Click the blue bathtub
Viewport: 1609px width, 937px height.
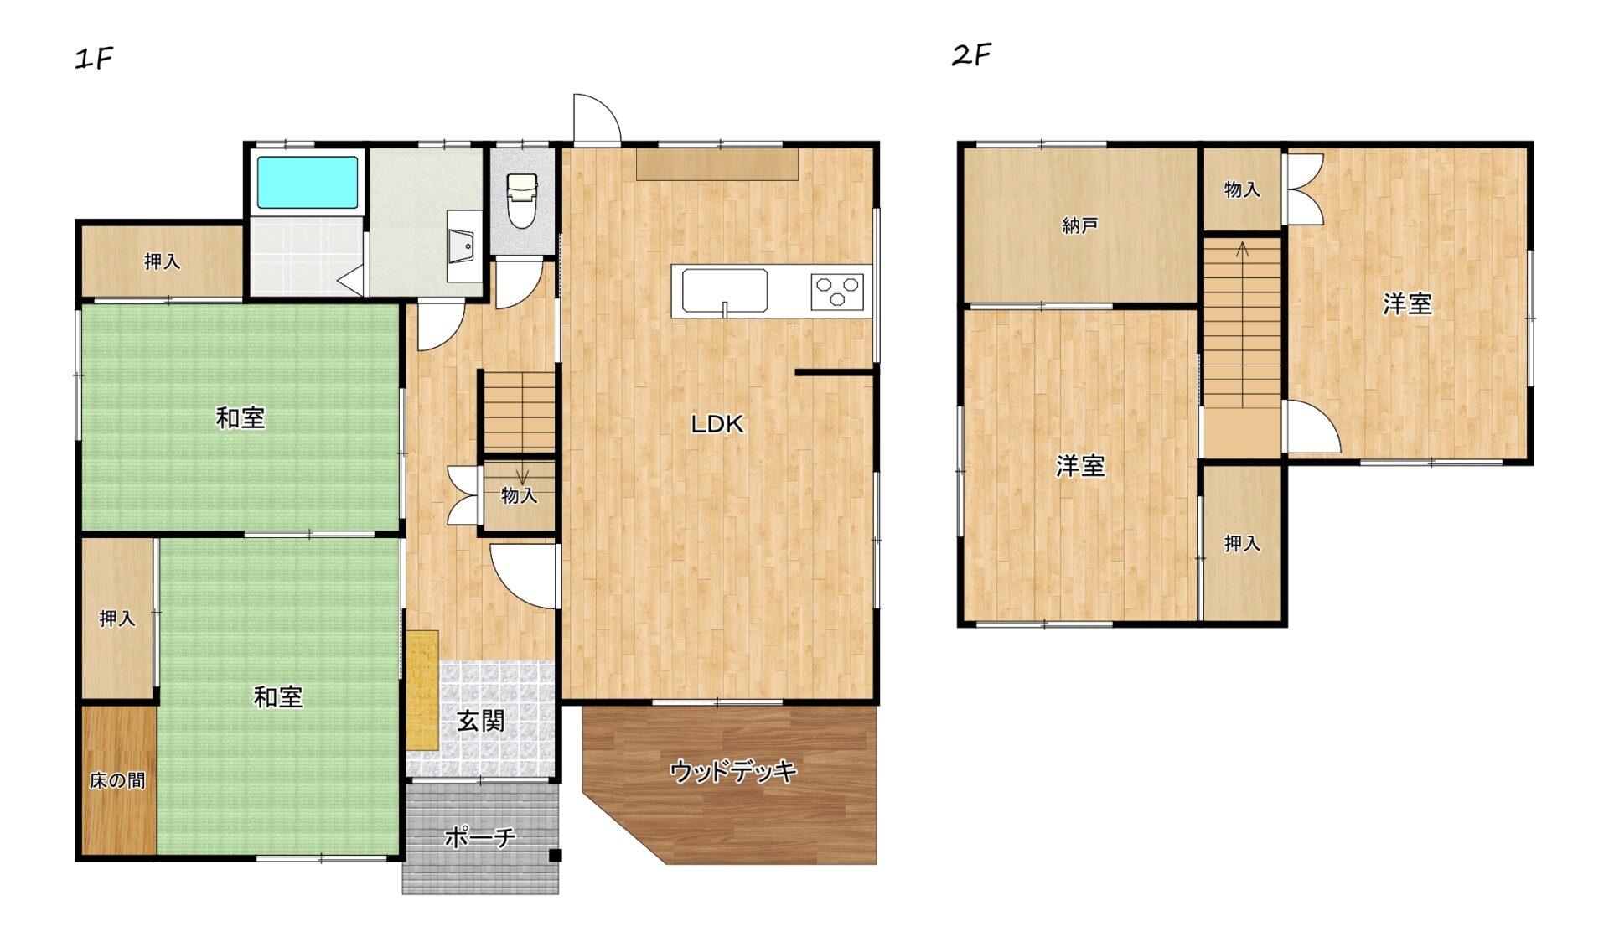pyautogui.click(x=308, y=182)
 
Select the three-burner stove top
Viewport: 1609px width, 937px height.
pyautogui.click(x=837, y=292)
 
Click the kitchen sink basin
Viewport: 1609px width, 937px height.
pyautogui.click(x=725, y=292)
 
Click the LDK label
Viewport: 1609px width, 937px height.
pyautogui.click(x=717, y=424)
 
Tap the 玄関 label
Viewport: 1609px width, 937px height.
pyautogui.click(x=481, y=721)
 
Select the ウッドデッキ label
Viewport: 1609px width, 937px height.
pyautogui.click(x=733, y=770)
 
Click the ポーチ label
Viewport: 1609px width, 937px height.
pyautogui.click(x=479, y=836)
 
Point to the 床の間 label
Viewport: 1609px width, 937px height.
pyautogui.click(x=117, y=780)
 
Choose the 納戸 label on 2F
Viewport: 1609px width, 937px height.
pyautogui.click(x=1079, y=225)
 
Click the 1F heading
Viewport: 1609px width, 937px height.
pyautogui.click(x=94, y=59)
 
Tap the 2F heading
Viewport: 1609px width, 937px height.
pyautogui.click(x=971, y=55)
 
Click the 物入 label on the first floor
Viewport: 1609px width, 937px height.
pyautogui.click(x=519, y=495)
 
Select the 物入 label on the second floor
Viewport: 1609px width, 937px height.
pyautogui.click(x=1242, y=189)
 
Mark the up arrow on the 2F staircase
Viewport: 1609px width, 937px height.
pyautogui.click(x=1243, y=249)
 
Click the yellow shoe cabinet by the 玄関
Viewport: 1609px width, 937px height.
pyautogui.click(x=422, y=690)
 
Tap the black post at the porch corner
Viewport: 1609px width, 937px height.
pyautogui.click(x=555, y=856)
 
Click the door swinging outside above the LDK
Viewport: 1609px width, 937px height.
pyautogui.click(x=597, y=118)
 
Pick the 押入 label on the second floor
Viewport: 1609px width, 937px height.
pyautogui.click(x=1242, y=544)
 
